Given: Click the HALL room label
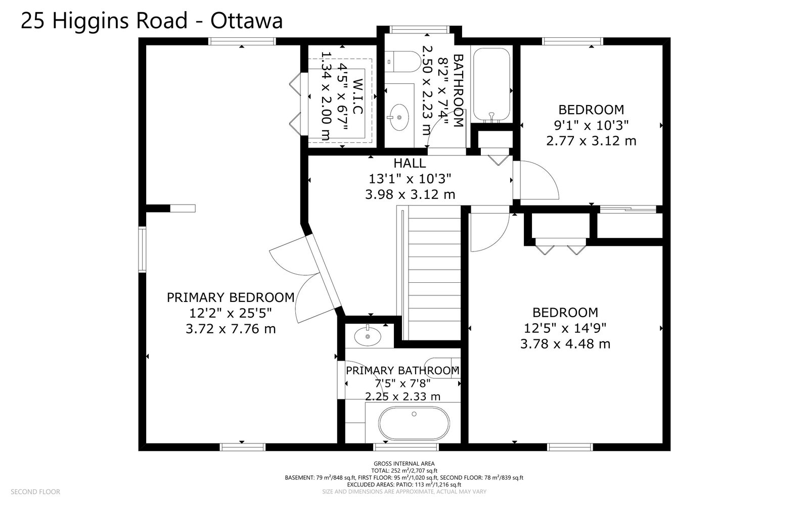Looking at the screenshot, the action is [x=410, y=163].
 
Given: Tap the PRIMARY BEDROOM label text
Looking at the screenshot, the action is [x=231, y=297].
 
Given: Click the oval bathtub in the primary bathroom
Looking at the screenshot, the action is [x=414, y=424].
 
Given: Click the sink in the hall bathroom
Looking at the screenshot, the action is [x=399, y=117].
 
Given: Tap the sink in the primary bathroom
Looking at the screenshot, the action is [x=368, y=336].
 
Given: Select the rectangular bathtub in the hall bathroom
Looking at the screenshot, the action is [x=491, y=84].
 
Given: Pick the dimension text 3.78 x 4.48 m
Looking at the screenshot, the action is [x=565, y=344].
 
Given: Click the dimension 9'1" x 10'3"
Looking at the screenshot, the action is [x=591, y=125].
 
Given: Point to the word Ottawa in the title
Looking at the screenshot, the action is [x=246, y=21].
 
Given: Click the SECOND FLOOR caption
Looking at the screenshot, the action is [x=35, y=492].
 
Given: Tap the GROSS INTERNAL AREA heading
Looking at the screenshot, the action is [x=404, y=464].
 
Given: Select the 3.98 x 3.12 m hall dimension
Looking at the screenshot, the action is [x=410, y=195].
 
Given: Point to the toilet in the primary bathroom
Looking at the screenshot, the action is [x=442, y=368].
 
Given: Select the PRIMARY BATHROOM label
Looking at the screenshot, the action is [x=402, y=371].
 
